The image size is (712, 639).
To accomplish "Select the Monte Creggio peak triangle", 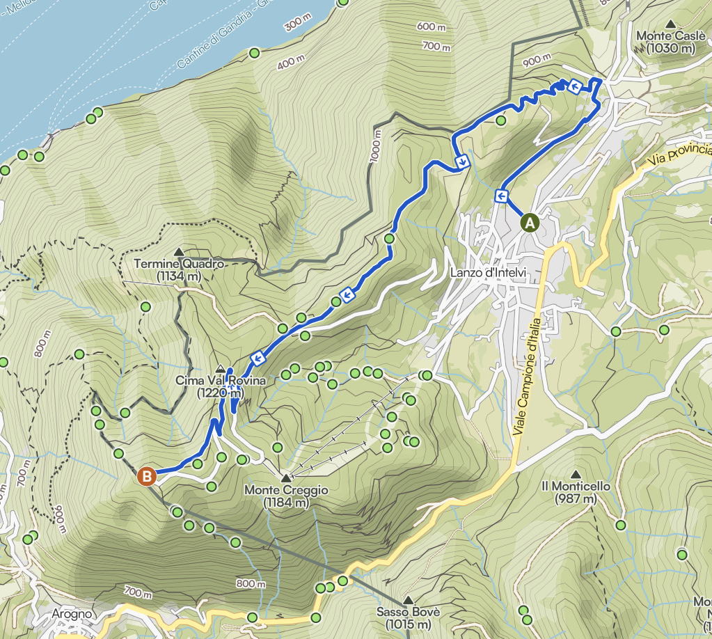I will (x=286, y=479).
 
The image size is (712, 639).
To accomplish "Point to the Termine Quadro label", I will (x=179, y=270).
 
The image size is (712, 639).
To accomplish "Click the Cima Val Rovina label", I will (x=220, y=387).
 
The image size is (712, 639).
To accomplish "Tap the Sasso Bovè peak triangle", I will (x=408, y=600).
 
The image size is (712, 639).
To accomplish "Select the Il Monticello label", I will (x=576, y=492).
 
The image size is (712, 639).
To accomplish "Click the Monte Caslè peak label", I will (x=670, y=42).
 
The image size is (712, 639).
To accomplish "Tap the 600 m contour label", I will (x=432, y=26).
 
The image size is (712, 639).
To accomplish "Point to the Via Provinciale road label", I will (x=679, y=155).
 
